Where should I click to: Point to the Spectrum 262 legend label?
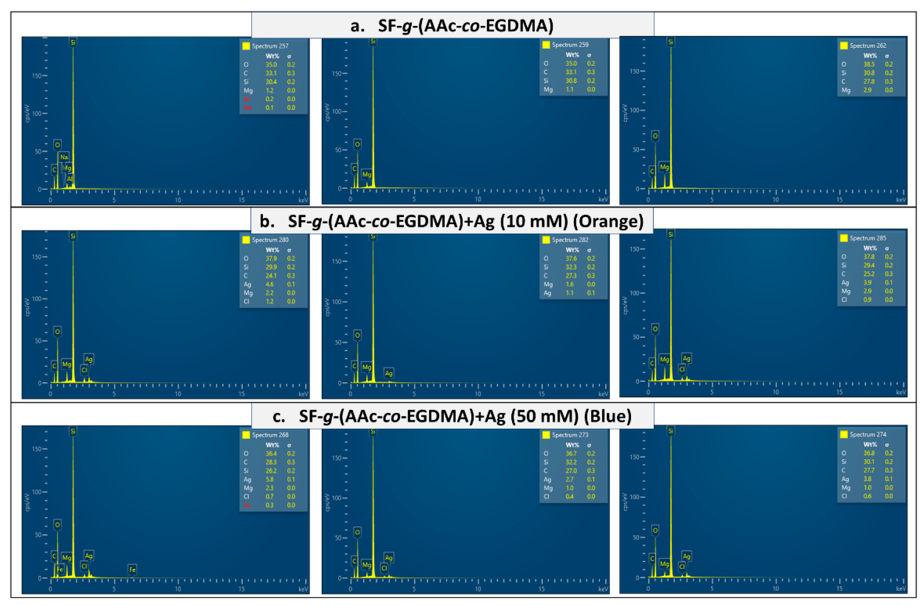pyautogui.click(x=868, y=46)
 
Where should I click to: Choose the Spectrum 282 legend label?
pyautogui.click(x=570, y=240)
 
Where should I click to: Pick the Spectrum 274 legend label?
pyautogui.click(x=868, y=434)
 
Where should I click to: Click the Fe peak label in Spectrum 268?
pyautogui.click(x=132, y=569)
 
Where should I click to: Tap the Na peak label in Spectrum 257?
pyautogui.click(x=64, y=157)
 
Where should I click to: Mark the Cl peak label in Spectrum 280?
pyautogui.click(x=84, y=370)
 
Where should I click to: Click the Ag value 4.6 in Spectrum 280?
pyautogui.click(x=269, y=285)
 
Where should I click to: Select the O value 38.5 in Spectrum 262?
pyautogui.click(x=869, y=64)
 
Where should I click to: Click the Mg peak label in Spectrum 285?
pyautogui.click(x=664, y=359)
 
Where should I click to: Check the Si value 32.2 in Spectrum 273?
pyautogui.click(x=571, y=462)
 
